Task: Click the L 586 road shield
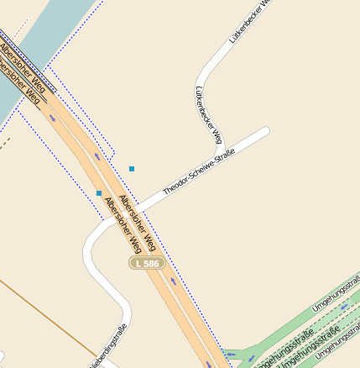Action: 144,263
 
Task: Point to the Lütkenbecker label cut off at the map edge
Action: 250,21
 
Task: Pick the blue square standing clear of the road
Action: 132,169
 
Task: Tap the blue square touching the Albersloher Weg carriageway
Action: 99,193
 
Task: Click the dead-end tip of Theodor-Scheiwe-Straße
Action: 265,131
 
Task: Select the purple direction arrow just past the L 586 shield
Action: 174,281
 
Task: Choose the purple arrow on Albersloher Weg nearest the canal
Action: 52,118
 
